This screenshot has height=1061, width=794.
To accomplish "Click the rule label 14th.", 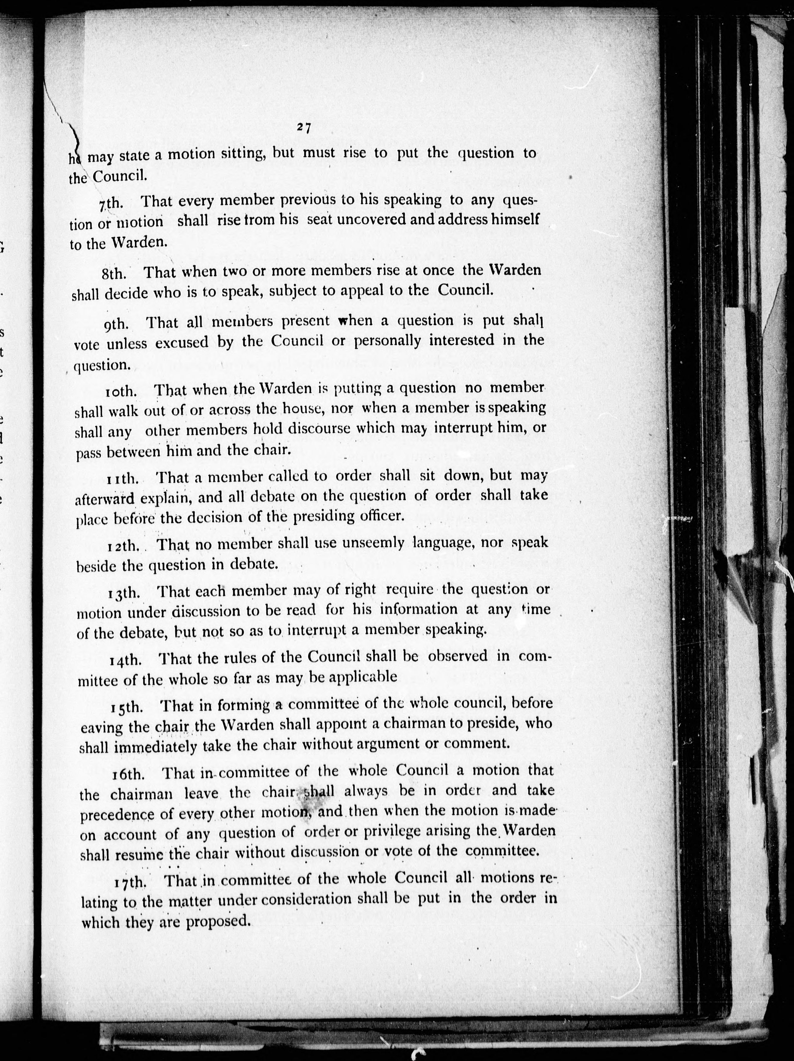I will (x=126, y=660).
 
